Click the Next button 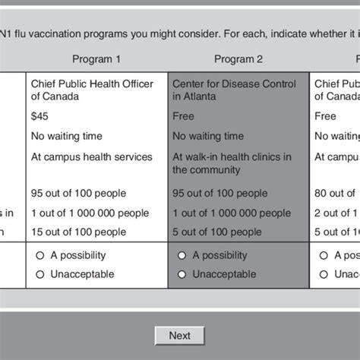point(179,335)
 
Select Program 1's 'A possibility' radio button point(40,255)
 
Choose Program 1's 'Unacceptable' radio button point(40,274)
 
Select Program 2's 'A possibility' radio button point(181,255)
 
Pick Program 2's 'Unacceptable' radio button point(181,274)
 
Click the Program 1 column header point(96,59)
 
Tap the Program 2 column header point(238,59)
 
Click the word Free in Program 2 point(183,116)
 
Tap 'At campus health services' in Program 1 point(91,157)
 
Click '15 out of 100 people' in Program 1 point(78,232)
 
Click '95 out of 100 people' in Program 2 point(220,193)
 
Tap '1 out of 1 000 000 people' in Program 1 point(90,213)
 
